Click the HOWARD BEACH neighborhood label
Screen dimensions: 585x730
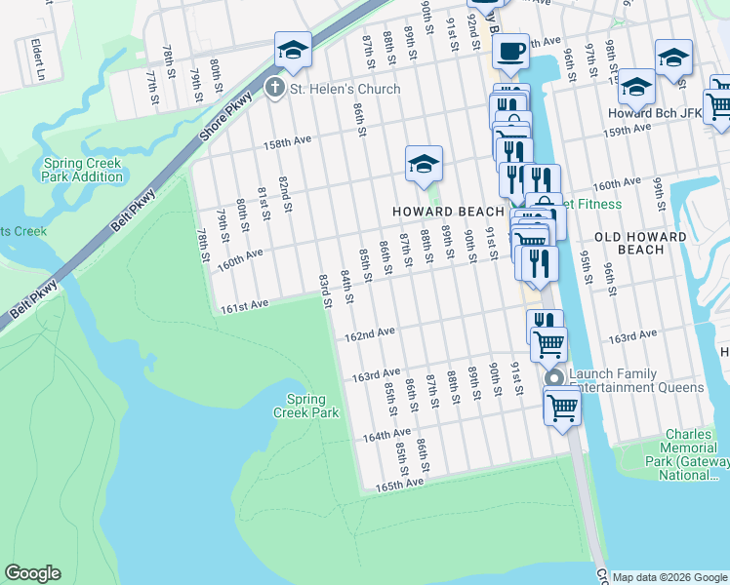pyautogui.click(x=448, y=212)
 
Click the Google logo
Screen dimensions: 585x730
pyautogui.click(x=32, y=573)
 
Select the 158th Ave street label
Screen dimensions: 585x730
pyautogui.click(x=286, y=141)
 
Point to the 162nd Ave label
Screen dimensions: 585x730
pyautogui.click(x=370, y=333)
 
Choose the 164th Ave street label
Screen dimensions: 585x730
pyautogui.click(x=387, y=434)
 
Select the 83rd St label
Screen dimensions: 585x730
pyautogui.click(x=325, y=290)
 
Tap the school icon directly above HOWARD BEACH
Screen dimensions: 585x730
pyautogui.click(x=424, y=165)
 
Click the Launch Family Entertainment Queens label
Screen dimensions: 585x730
pyautogui.click(x=635, y=381)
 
